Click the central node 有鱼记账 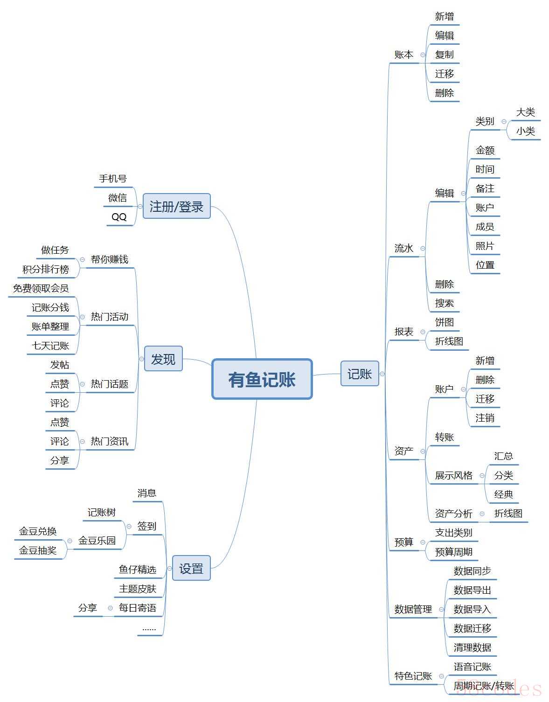click(262, 379)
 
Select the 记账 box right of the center click(360, 374)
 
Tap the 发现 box click(163, 359)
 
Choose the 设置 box click(191, 568)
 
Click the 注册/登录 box click(177, 206)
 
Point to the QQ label click(119, 217)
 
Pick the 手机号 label click(113, 178)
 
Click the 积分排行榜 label click(46, 269)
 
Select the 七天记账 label click(50, 346)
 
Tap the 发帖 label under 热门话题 click(60, 365)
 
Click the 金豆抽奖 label click(38, 550)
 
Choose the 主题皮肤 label click(138, 589)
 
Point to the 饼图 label click(445, 322)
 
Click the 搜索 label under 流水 click(445, 303)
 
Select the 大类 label click(525, 112)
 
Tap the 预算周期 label click(454, 552)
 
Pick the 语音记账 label click(472, 667)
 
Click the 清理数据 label click(472, 647)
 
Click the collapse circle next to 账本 click(423, 55)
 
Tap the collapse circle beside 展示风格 click(482, 475)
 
